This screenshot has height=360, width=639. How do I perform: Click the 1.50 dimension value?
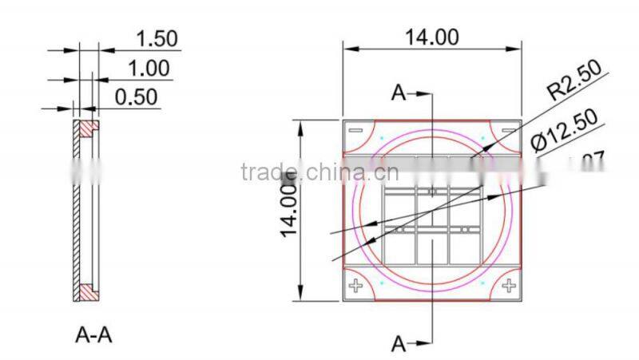[x=157, y=38]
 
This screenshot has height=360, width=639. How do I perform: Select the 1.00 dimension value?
[x=149, y=68]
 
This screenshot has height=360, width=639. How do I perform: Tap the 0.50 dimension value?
[x=137, y=97]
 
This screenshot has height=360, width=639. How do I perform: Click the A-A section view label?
[x=93, y=335]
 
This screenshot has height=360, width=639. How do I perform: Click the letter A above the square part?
[x=398, y=93]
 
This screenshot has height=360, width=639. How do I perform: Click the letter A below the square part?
[x=398, y=345]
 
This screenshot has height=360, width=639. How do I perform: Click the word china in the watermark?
[x=339, y=172]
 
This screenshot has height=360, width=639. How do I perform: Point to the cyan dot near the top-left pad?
[x=382, y=140]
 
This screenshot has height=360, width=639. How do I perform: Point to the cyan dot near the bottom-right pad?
[x=482, y=282]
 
